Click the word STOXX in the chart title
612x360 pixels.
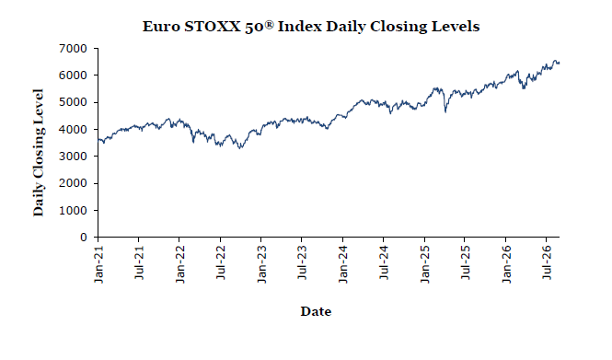213,27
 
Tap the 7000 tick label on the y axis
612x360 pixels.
73,49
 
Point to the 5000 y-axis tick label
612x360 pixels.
73,102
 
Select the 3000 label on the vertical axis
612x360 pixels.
73,157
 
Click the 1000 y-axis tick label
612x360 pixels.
73,211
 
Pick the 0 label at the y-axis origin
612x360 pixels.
84,238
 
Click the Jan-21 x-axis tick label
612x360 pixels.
98,264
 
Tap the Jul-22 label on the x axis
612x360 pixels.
221,262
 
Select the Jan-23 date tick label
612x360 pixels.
261,264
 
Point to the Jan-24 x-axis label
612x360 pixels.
343,264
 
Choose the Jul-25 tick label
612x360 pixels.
466,262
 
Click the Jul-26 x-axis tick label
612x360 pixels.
547,262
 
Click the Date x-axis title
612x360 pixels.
316,311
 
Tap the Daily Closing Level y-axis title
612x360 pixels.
39,153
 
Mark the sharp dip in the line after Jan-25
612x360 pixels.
445,112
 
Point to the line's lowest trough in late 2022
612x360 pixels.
240,148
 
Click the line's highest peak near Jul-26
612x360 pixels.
556,61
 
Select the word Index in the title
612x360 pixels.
300,27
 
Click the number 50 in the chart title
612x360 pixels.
255,27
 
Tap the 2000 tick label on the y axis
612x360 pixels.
73,183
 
